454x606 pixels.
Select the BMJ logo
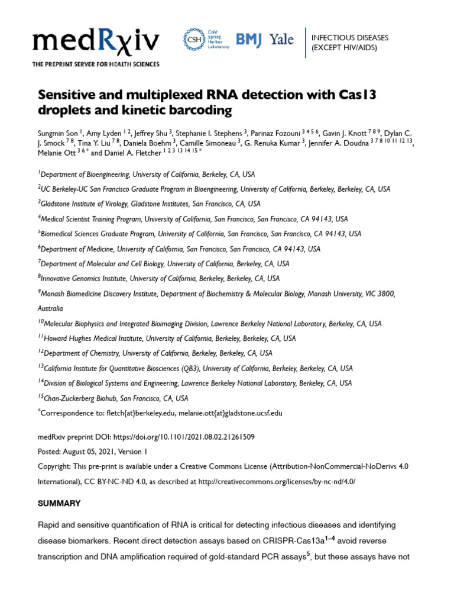coord(248,40)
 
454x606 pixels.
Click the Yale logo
coord(281,40)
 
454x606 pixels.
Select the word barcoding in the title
coord(199,110)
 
